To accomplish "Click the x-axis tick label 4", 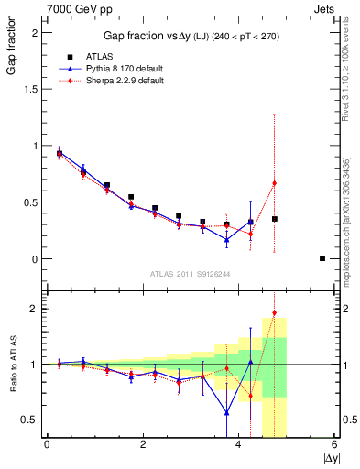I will point(239,445).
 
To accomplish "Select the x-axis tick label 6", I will point(335,445).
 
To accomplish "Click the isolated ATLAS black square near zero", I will point(322,258).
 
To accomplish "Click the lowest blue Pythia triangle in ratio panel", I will point(226,412).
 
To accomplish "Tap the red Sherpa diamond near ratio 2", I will point(274,313).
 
